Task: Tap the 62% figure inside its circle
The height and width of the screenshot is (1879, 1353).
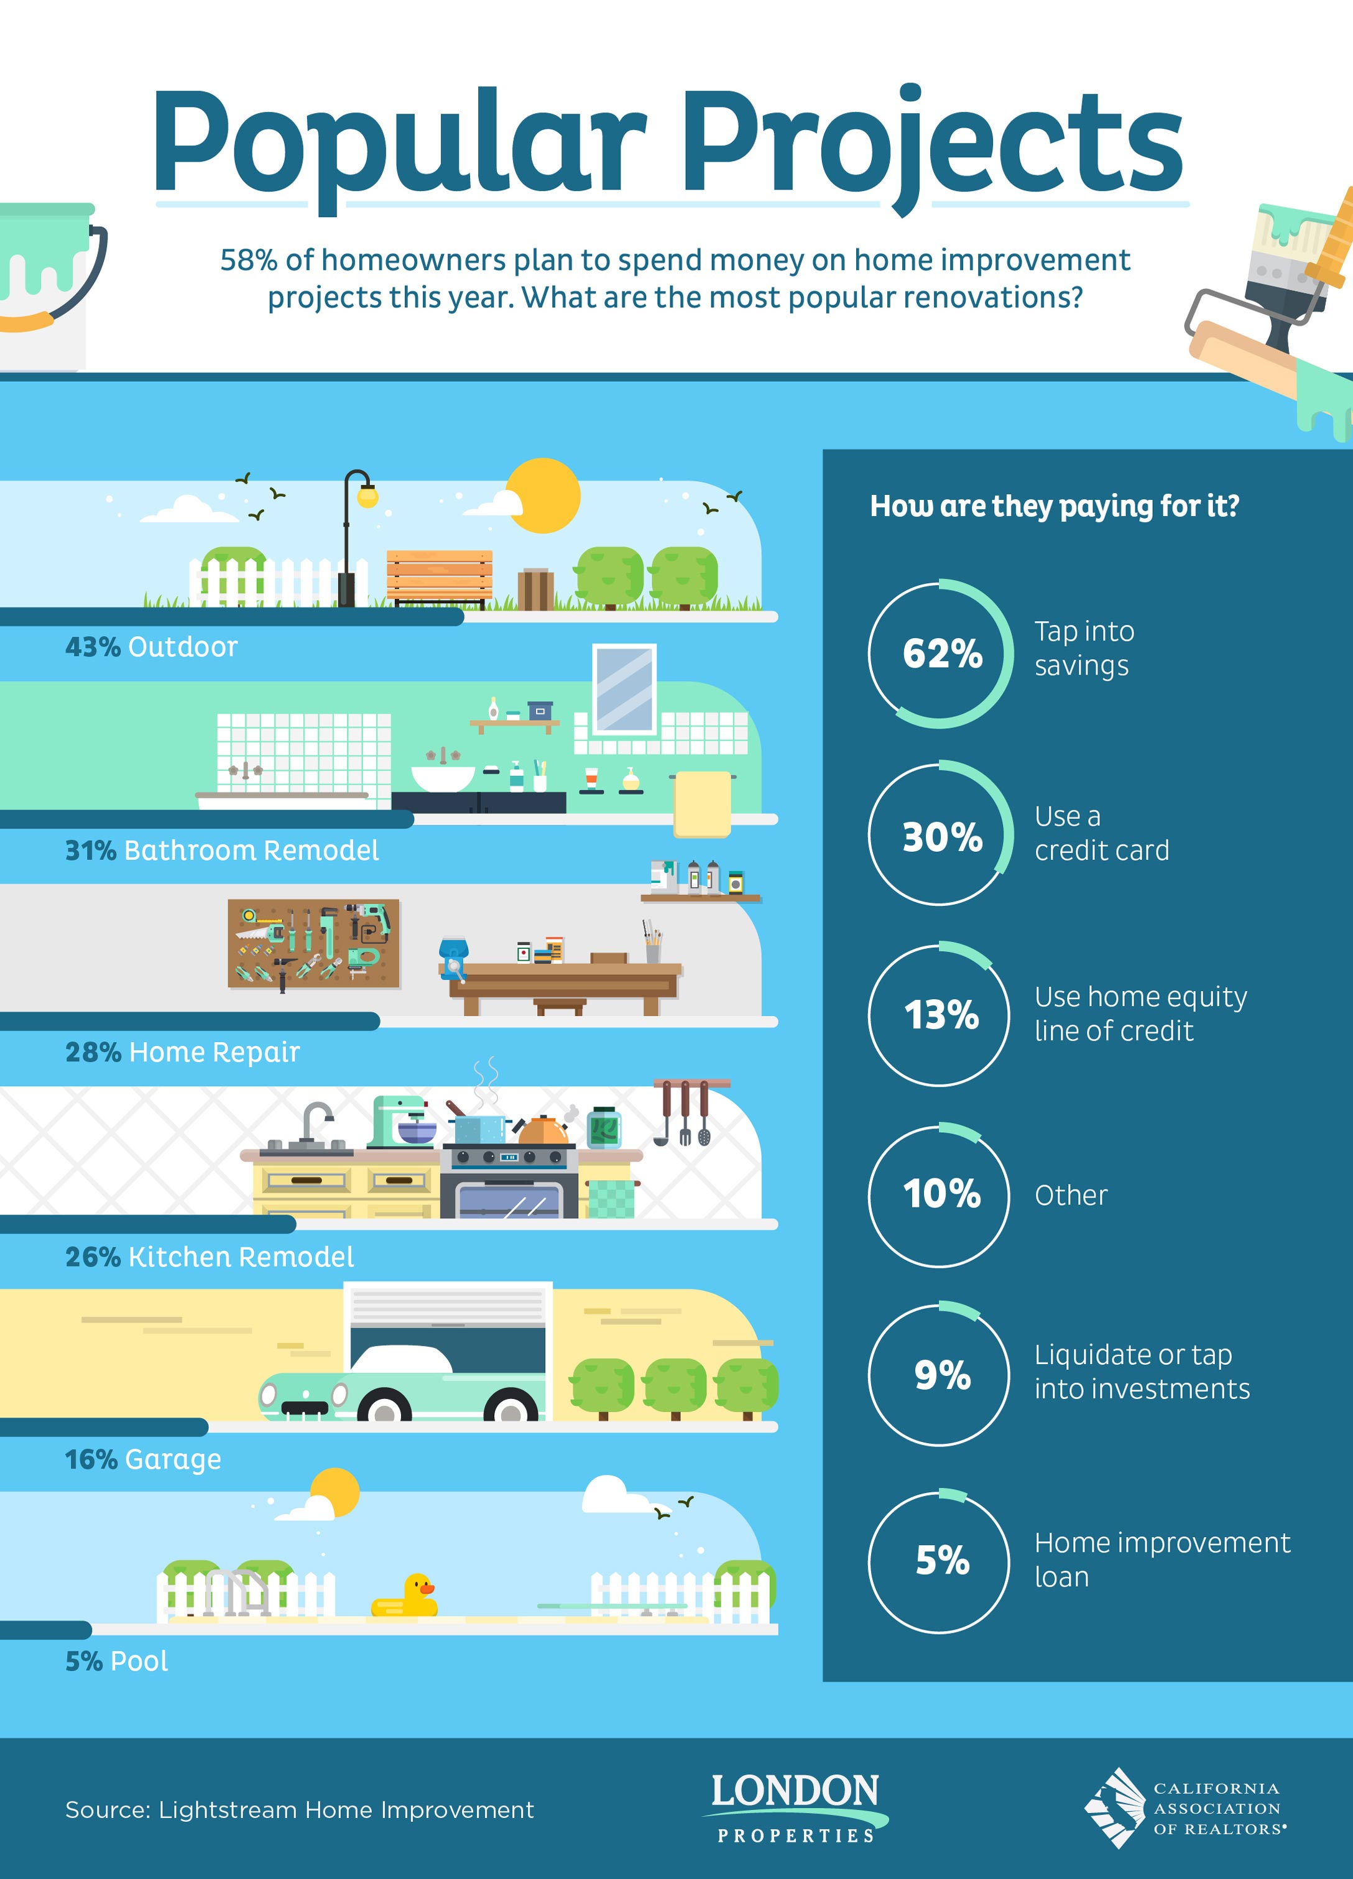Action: (x=943, y=653)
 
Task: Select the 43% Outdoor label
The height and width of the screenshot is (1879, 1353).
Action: (x=152, y=647)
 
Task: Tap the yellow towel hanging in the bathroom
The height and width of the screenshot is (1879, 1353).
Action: (x=703, y=803)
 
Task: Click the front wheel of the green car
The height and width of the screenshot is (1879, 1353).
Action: (x=384, y=1409)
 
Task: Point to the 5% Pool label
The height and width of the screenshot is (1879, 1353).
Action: (x=117, y=1661)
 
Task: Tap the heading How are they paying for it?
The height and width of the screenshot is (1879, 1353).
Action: (x=1055, y=506)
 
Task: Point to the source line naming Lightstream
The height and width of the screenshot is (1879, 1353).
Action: (x=300, y=1810)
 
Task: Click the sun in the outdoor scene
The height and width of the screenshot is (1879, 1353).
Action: (x=543, y=496)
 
